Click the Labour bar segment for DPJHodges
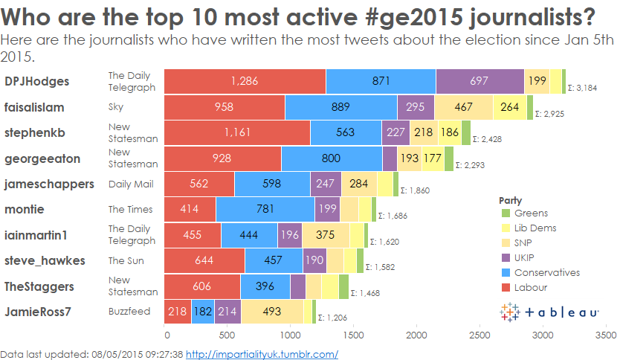pos(245,81)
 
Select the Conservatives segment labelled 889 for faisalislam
pos(340,107)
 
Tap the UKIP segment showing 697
pos(479,81)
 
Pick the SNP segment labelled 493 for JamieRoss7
pos(271,312)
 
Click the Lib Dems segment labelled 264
pos(509,107)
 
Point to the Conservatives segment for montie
pos(265,210)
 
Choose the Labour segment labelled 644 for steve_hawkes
pos(204,260)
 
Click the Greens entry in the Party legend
pos(529,214)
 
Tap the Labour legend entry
pos(530,287)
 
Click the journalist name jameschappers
pos(49,183)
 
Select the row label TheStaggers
pos(39,286)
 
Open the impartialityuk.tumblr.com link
pos(262,354)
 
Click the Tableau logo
pos(549,313)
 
